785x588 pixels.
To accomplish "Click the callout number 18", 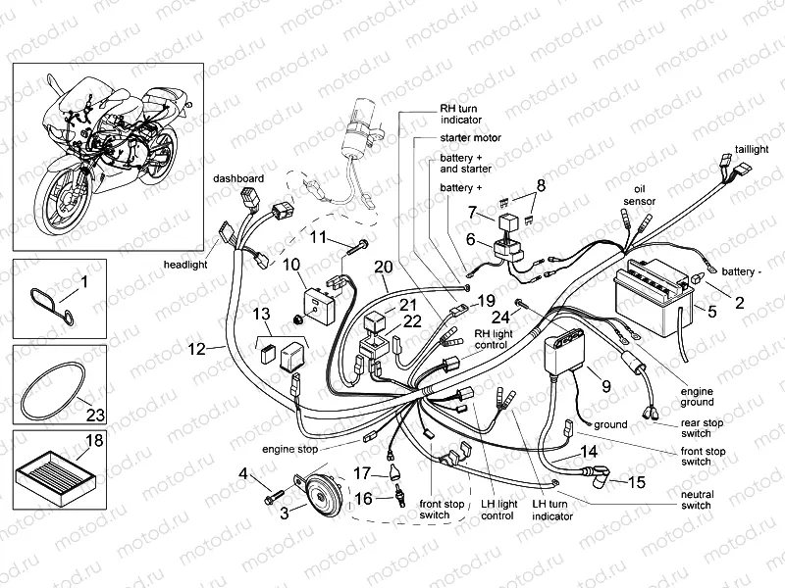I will (x=94, y=442).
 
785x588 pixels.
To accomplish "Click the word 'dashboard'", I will (x=239, y=178).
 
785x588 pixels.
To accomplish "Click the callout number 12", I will (x=196, y=348).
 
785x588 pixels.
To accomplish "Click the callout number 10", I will (x=291, y=265).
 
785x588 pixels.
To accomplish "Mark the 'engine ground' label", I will (x=697, y=395).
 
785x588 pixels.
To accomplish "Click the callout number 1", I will (x=82, y=282).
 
